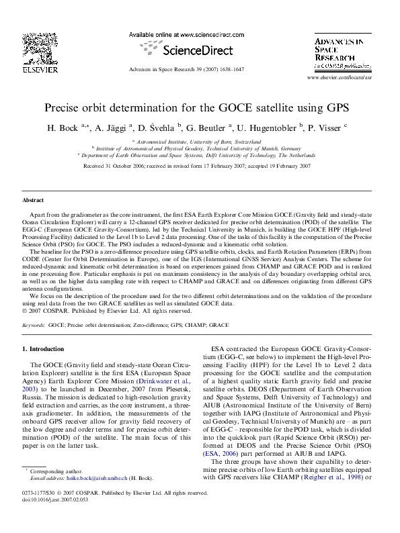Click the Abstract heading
pos(33,200)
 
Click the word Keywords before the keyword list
pos(34,324)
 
